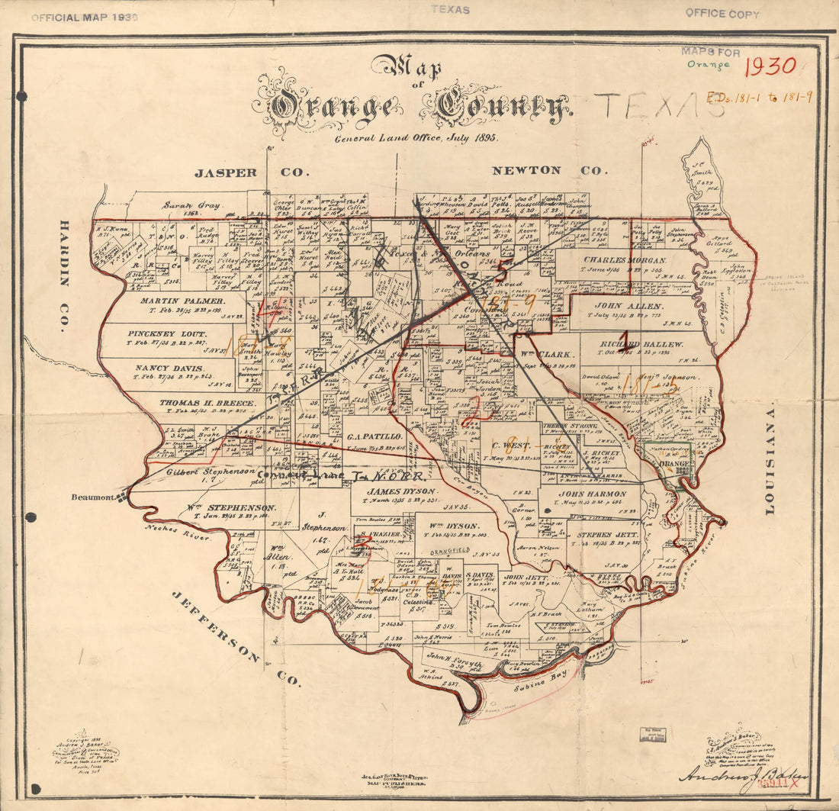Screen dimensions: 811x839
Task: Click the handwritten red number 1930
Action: [x=770, y=66]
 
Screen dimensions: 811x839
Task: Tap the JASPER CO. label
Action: [x=248, y=172]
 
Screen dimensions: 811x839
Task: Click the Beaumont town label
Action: [x=92, y=497]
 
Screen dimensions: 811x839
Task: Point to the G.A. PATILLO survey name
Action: [x=374, y=436]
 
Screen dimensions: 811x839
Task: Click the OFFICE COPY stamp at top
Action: [x=722, y=13]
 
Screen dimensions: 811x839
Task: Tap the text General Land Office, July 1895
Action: [x=415, y=138]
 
